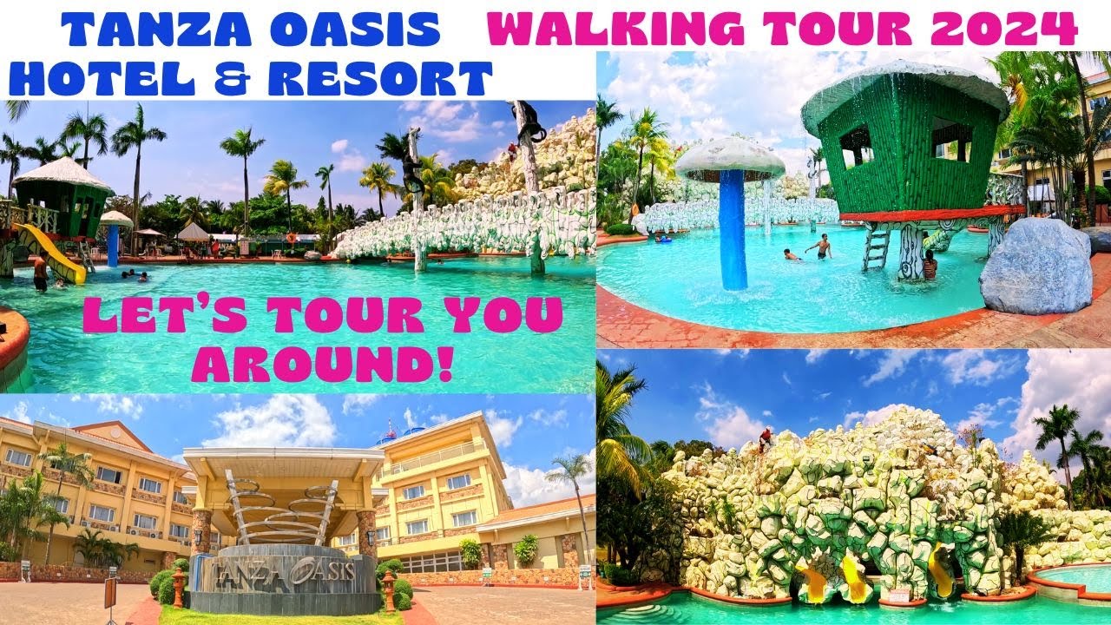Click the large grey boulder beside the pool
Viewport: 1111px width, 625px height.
1038,267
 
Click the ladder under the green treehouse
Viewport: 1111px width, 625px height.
877,247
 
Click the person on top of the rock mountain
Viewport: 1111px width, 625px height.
765,439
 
